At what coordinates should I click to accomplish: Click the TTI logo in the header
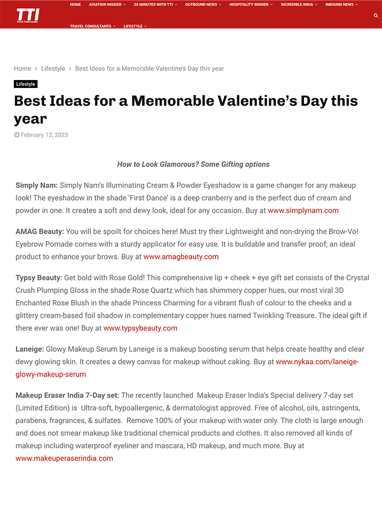click(28, 15)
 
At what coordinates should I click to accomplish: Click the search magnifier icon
click(376, 16)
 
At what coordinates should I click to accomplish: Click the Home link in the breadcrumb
click(22, 69)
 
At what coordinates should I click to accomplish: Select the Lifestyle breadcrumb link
click(53, 69)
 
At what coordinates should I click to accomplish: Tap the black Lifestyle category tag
click(26, 84)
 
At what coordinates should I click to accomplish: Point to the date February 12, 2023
click(44, 135)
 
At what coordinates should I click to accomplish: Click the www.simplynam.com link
click(303, 211)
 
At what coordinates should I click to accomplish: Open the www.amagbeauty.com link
click(181, 257)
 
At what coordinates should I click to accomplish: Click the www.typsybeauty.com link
click(140, 328)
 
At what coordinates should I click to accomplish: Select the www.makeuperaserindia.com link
click(64, 459)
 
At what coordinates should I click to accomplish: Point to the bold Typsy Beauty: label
click(39, 278)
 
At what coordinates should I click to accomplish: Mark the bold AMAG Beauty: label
click(40, 231)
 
